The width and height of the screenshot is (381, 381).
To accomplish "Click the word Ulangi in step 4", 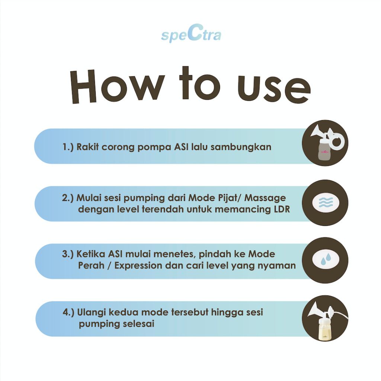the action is [91, 313].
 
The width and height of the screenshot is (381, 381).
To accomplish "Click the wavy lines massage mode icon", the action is [325, 202].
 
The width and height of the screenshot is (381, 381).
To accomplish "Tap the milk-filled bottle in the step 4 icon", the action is [325, 329].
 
